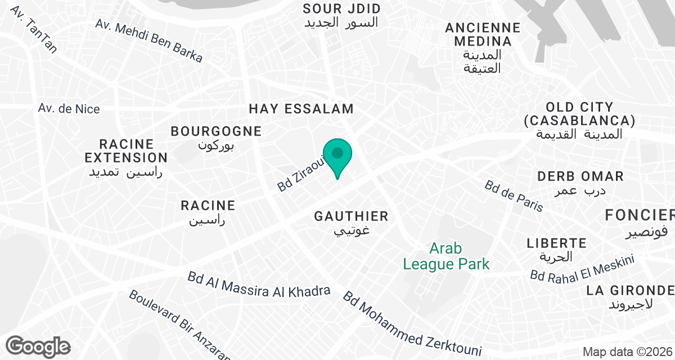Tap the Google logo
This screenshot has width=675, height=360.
point(38,346)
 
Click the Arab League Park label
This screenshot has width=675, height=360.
point(447,256)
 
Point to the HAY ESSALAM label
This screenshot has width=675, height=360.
point(301,109)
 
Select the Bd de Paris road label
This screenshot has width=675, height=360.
point(514,196)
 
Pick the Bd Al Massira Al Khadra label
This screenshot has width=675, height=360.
point(259,285)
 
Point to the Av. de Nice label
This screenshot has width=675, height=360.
point(69,108)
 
